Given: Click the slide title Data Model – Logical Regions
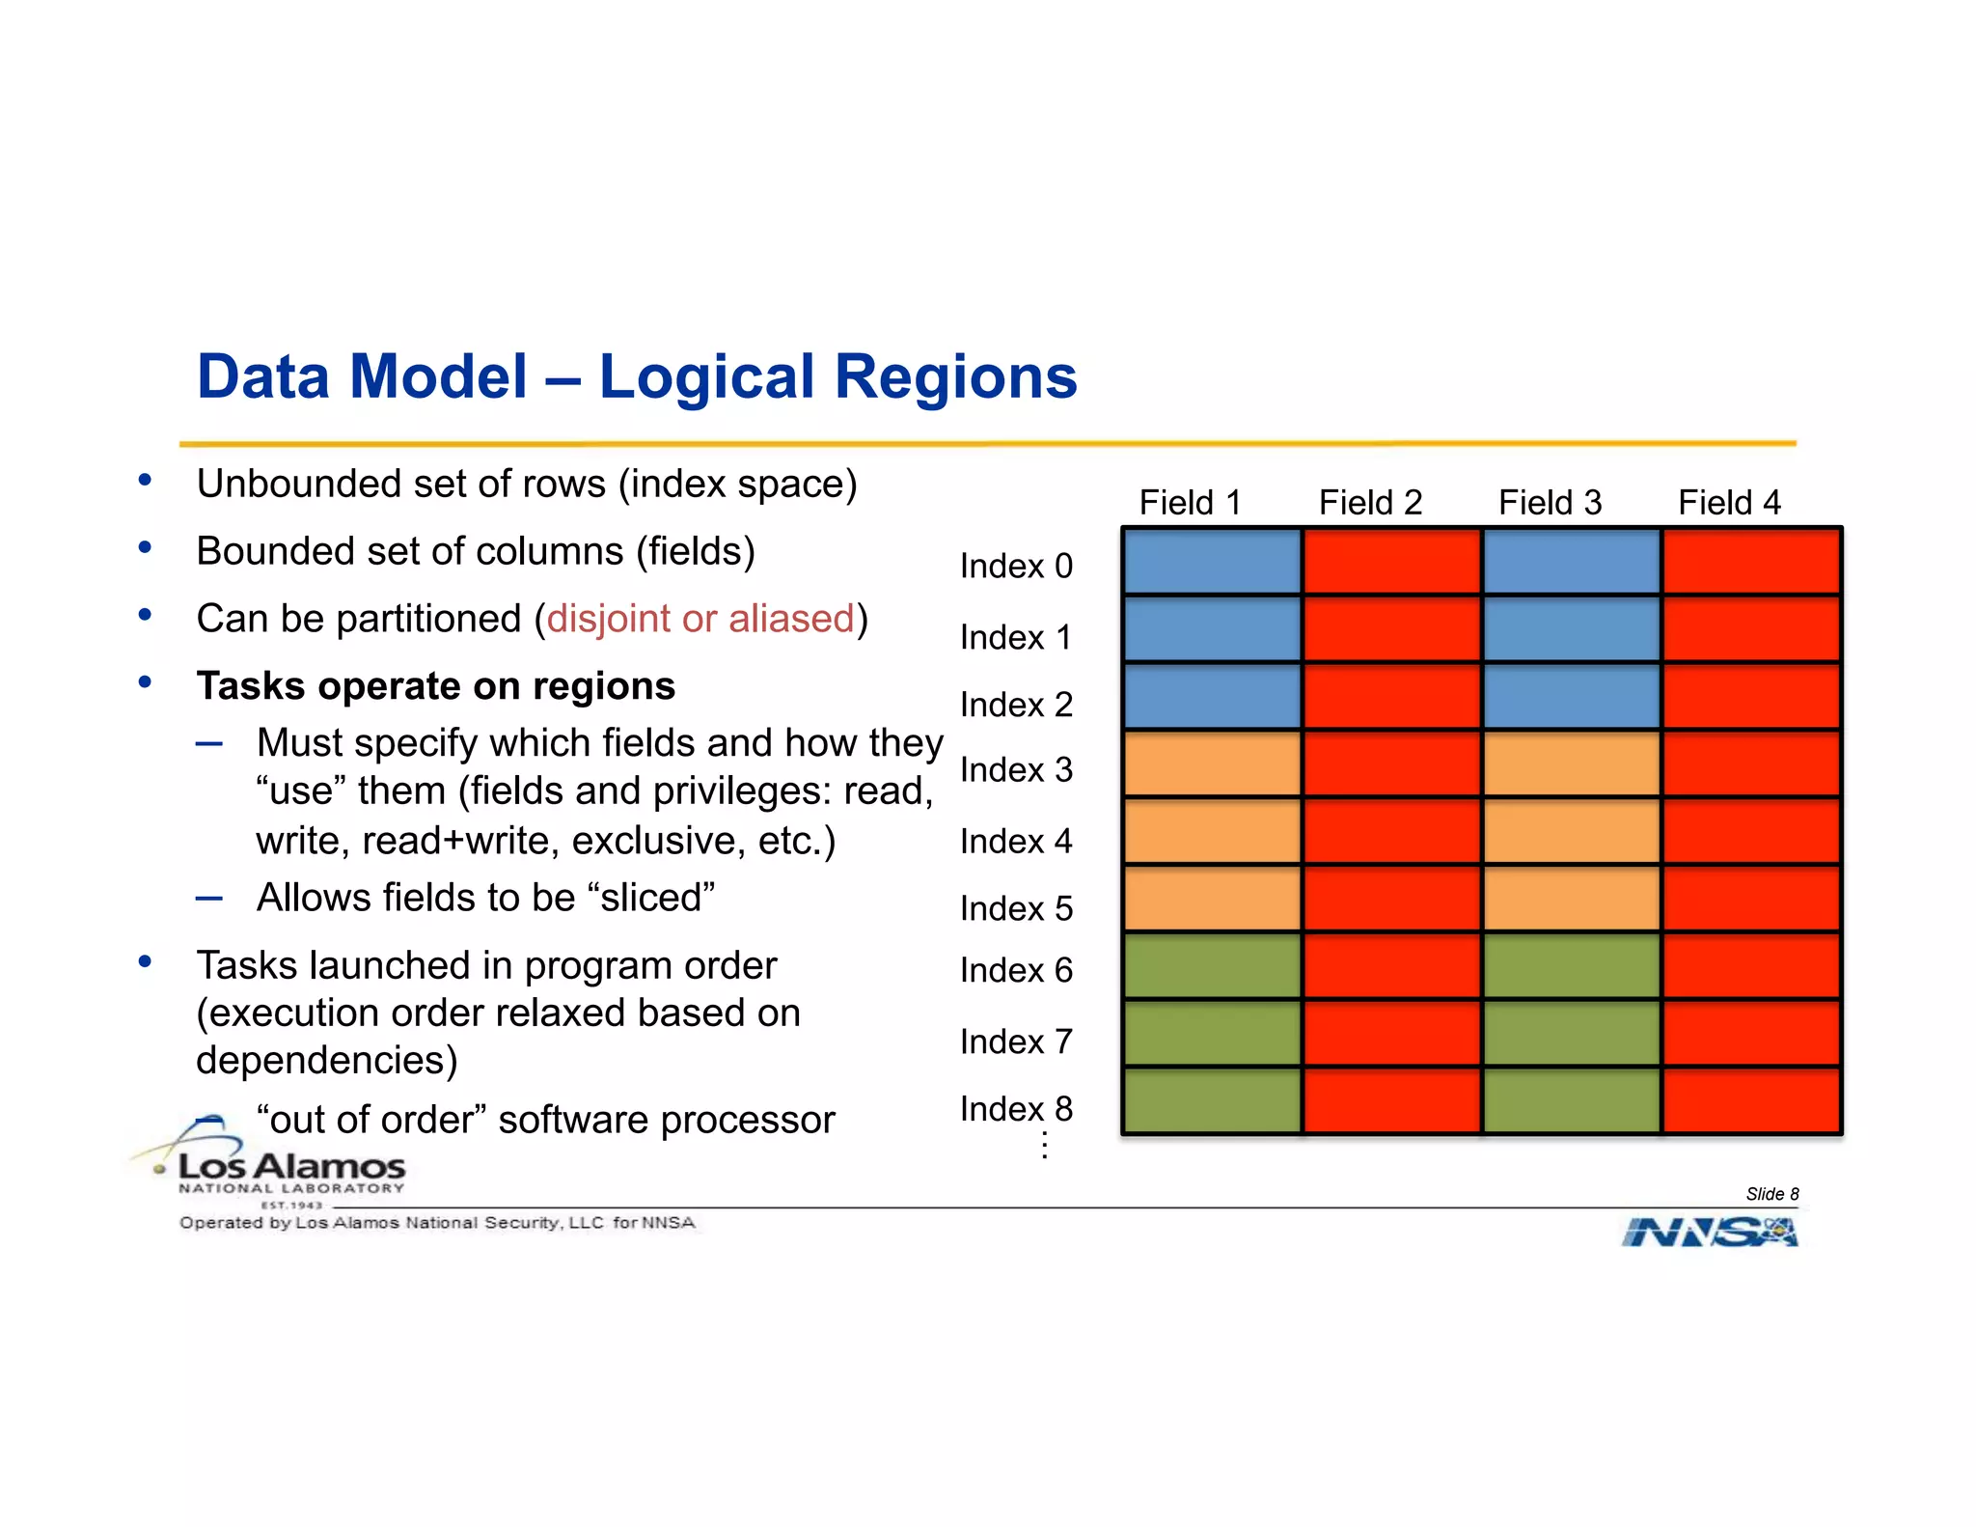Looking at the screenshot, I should [637, 376].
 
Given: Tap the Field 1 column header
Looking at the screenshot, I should [1189, 502].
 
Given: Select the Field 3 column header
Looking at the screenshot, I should [1550, 502].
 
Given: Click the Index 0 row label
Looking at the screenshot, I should [1015, 566].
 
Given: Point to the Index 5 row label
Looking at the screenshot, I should [1015, 908].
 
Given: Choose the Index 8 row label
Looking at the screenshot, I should [1015, 1109].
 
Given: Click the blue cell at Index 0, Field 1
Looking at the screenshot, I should [1212, 562].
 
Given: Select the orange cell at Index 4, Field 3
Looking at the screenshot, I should [1571, 831].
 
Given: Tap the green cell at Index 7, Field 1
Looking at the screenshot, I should [1212, 1033].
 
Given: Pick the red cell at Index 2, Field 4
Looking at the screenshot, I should [1751, 696].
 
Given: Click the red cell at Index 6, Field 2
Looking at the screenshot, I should [1391, 965].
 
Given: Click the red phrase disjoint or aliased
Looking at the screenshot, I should [700, 619].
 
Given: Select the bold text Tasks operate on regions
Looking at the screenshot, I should [435, 686].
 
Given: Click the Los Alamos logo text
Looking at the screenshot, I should [291, 1168].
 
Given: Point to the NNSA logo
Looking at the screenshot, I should [1709, 1233].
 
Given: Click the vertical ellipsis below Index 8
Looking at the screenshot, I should [1044, 1146].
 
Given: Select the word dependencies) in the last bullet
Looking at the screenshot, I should [326, 1061].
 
